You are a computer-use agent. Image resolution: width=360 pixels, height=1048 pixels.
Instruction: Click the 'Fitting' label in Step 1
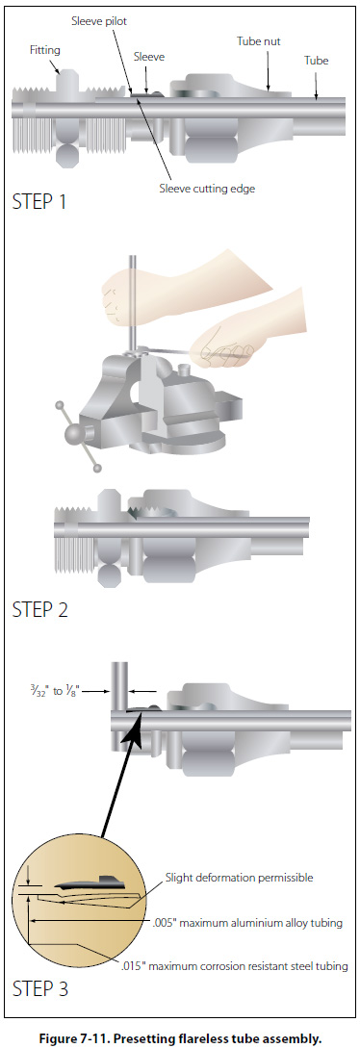point(44,49)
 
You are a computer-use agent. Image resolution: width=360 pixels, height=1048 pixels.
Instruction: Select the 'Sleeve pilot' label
point(99,21)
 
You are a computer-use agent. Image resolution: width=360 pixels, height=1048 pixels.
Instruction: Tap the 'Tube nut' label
point(259,41)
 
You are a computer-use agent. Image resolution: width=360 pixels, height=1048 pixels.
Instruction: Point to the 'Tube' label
point(317,61)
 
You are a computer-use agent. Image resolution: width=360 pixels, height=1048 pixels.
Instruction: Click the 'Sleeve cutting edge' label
point(207,189)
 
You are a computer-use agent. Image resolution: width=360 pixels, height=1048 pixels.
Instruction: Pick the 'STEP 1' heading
point(39,202)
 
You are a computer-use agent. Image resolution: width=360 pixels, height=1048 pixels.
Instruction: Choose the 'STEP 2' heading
point(40,609)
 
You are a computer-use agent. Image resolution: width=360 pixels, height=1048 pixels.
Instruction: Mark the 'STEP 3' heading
point(40,987)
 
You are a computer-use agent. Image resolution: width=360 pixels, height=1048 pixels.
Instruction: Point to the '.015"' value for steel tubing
point(135,966)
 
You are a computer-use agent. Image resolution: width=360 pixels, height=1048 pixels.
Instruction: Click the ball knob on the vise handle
point(72,435)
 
